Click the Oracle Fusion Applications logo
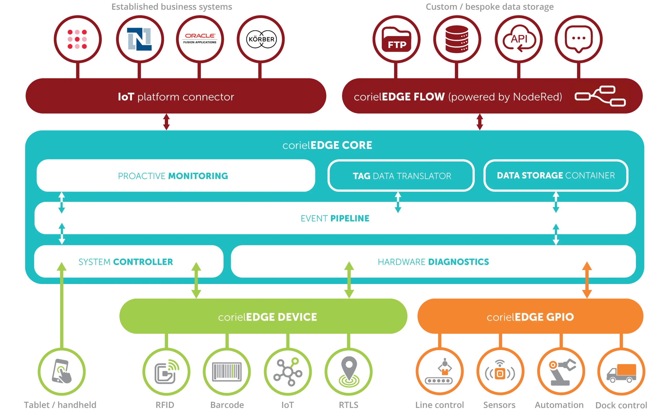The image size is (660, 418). click(x=200, y=39)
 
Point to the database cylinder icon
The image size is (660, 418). click(x=457, y=39)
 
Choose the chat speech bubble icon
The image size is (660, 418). click(x=579, y=39)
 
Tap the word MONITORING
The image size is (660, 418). click(x=198, y=176)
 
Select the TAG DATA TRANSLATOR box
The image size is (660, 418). click(x=401, y=176)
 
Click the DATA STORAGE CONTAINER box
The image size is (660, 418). click(x=556, y=175)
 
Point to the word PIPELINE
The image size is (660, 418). click(x=350, y=218)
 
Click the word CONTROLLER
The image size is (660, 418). click(x=143, y=262)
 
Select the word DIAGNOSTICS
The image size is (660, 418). click(x=458, y=262)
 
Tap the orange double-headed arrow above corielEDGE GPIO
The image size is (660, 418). click(x=587, y=280)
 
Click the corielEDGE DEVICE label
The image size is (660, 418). click(x=267, y=317)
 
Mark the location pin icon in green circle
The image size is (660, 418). click(x=348, y=371)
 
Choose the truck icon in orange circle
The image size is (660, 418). click(x=621, y=372)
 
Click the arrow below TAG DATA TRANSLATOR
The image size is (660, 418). click(x=398, y=202)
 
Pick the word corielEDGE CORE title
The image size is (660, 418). click(x=327, y=145)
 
